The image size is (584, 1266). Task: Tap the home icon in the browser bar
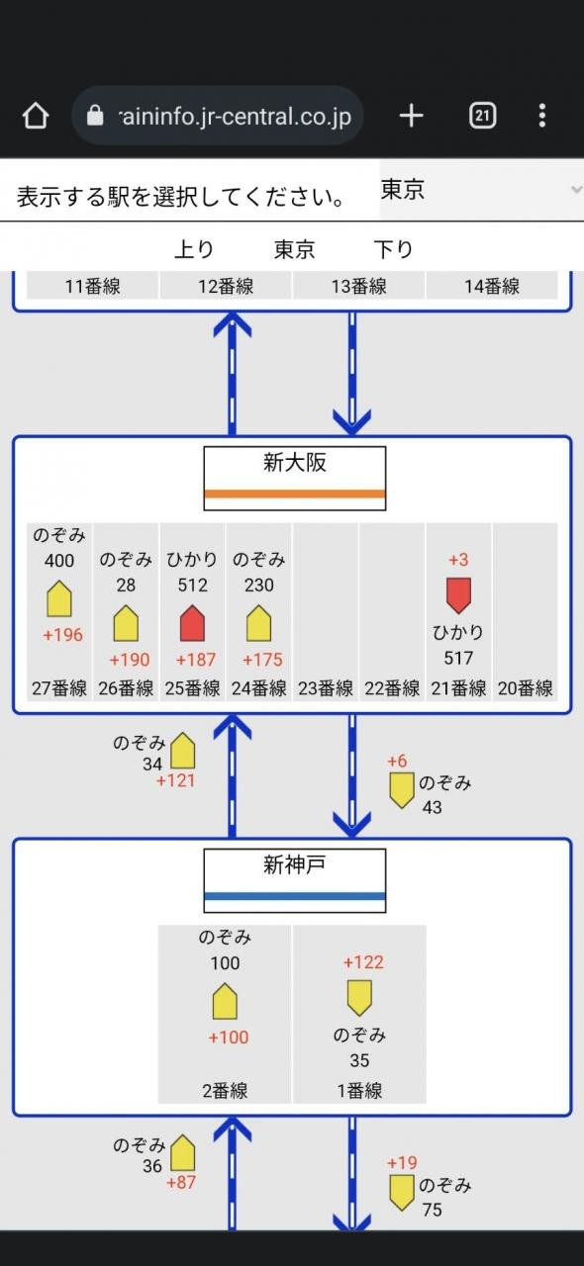click(x=35, y=116)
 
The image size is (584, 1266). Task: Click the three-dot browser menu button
click(x=542, y=116)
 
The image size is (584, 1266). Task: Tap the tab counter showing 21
click(x=482, y=116)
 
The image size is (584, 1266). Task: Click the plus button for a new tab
click(x=412, y=116)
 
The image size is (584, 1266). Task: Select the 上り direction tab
click(x=194, y=248)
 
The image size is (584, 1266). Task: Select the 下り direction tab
click(x=394, y=248)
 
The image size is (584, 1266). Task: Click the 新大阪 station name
click(x=294, y=463)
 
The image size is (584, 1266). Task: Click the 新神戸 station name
click(x=294, y=864)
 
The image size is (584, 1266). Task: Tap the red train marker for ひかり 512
click(x=192, y=623)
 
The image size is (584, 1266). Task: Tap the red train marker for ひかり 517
click(x=458, y=595)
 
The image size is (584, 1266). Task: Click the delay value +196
click(x=62, y=635)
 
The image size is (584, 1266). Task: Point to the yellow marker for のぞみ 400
click(x=58, y=598)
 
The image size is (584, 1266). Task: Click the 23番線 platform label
click(x=326, y=688)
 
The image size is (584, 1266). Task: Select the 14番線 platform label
click(x=492, y=286)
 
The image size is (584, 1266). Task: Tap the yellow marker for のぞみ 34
click(x=183, y=751)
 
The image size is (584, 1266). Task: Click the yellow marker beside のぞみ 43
click(x=402, y=790)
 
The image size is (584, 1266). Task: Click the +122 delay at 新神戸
click(x=364, y=962)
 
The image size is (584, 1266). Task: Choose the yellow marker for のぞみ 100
click(x=225, y=1001)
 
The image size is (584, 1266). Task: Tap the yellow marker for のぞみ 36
click(x=183, y=1152)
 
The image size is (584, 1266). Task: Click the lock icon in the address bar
click(x=95, y=116)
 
